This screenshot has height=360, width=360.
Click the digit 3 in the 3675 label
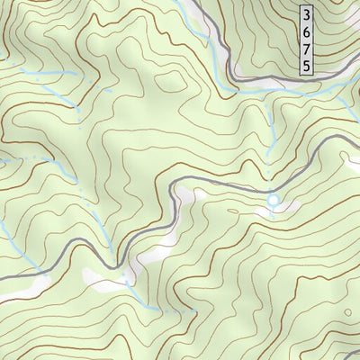click(308, 14)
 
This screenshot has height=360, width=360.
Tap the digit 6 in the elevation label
click(308, 31)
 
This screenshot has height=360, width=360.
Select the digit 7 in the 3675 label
click(308, 49)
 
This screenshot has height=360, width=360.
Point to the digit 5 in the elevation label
click(308, 66)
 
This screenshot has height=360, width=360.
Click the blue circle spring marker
click(273, 199)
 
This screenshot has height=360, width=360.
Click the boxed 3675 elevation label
click(308, 40)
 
